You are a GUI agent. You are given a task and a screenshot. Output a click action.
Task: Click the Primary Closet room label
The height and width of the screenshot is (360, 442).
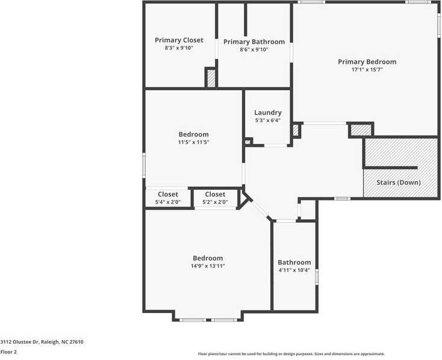(x=179, y=40)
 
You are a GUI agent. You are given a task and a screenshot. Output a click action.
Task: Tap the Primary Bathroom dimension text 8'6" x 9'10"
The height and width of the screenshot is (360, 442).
(x=254, y=50)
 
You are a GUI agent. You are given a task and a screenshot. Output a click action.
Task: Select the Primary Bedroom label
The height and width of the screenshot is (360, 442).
(x=367, y=61)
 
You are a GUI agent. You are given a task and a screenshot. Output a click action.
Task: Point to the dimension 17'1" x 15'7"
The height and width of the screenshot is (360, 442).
(x=367, y=70)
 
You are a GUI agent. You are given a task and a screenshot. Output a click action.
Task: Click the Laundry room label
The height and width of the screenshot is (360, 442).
(x=267, y=113)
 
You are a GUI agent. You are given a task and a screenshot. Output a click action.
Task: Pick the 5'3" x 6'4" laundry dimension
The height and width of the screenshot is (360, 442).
(x=267, y=120)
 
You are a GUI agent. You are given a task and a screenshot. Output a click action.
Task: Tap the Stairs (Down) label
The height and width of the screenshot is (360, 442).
(x=399, y=182)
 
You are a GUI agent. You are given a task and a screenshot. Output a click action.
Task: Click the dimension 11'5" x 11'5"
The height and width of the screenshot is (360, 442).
(x=193, y=143)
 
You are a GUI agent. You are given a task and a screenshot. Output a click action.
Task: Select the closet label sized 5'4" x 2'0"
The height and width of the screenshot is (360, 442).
(x=168, y=194)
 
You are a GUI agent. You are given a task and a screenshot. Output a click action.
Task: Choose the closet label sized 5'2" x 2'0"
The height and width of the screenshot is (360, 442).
(x=215, y=194)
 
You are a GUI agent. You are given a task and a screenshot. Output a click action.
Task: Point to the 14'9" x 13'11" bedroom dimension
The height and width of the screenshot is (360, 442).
(x=208, y=266)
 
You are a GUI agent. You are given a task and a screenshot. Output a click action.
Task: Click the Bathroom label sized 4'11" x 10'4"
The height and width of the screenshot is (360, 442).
(x=294, y=262)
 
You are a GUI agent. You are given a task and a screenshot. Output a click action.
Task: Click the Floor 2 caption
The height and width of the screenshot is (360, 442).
(x=8, y=352)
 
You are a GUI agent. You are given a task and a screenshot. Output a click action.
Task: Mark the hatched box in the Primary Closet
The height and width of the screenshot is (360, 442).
(x=211, y=78)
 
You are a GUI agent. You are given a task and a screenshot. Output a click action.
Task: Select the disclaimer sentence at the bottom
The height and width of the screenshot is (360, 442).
(x=291, y=354)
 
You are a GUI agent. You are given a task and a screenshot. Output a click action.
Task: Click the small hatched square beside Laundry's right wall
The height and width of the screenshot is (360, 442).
(x=296, y=129)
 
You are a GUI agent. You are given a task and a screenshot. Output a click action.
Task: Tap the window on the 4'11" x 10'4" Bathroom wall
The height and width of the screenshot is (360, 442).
(x=317, y=276)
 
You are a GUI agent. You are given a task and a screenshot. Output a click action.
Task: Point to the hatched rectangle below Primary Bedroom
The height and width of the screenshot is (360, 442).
(x=361, y=129)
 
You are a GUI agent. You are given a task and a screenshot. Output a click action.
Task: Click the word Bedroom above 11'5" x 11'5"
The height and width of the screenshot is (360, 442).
(x=193, y=134)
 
